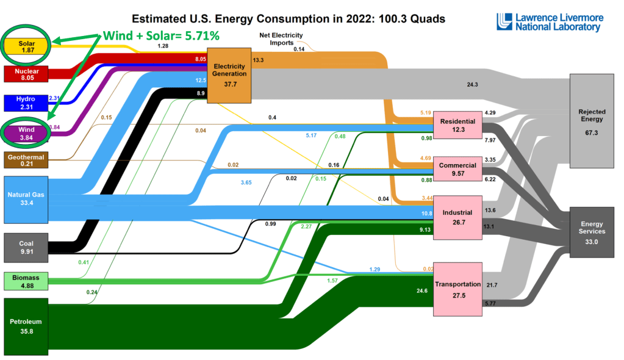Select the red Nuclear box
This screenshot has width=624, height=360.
point(26,74)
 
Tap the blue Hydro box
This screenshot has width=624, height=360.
point(26,103)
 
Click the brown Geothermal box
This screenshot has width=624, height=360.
point(26,160)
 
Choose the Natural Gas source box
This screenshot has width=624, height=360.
point(26,200)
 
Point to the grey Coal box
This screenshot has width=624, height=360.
point(26,247)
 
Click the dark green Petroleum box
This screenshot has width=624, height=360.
point(26,326)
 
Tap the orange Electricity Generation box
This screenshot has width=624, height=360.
point(229,74)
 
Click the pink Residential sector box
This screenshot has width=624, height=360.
point(457,126)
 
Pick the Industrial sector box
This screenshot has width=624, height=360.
point(457,217)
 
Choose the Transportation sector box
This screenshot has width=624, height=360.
point(457,289)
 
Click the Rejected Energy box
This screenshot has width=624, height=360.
point(590,120)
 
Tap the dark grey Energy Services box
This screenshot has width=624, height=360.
point(590,232)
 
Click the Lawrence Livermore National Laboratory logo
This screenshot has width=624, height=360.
point(549,22)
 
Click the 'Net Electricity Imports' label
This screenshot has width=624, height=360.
point(281,39)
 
